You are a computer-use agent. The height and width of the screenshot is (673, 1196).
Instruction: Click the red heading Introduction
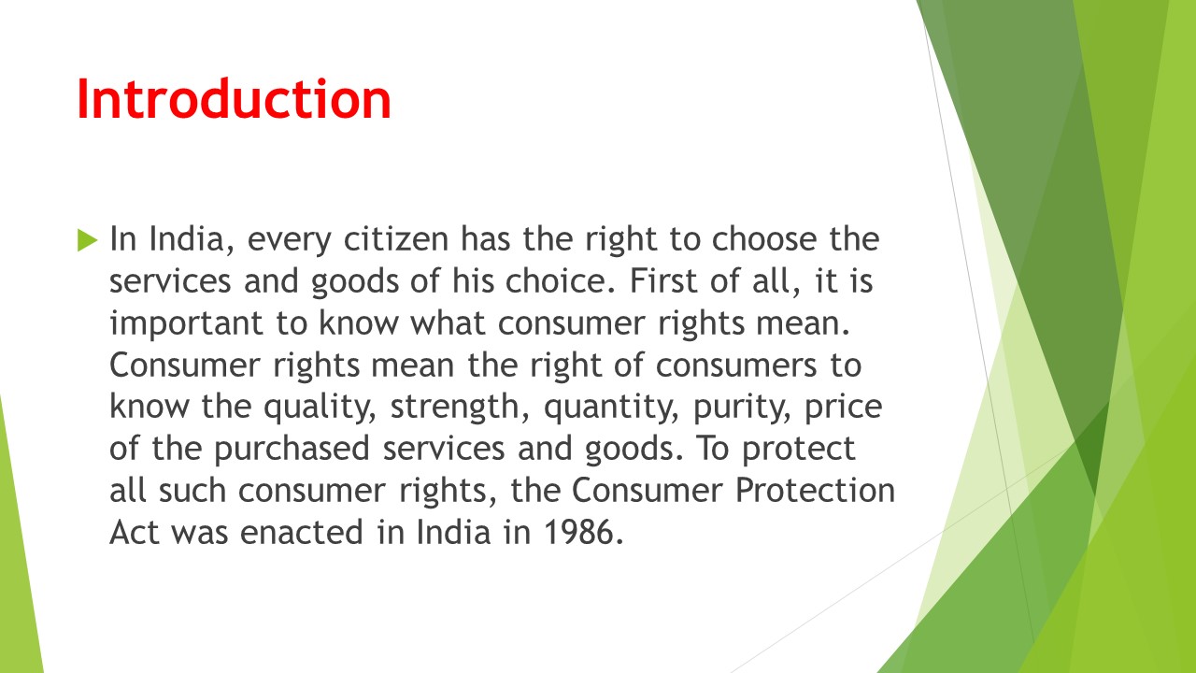click(x=234, y=99)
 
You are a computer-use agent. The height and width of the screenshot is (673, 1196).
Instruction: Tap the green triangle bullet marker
click(x=88, y=240)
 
